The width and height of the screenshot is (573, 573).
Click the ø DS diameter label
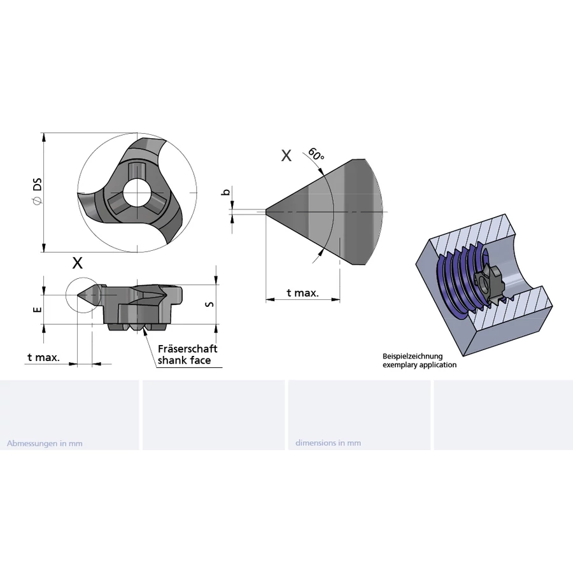point(38,191)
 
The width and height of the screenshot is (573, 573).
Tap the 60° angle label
point(316,154)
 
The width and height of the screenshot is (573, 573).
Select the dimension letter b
point(227,192)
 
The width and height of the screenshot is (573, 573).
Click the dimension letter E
point(38,310)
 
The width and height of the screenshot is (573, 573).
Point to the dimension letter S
point(209,304)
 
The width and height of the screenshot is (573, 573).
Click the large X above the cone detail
point(286,156)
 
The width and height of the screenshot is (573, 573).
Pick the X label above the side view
point(78,263)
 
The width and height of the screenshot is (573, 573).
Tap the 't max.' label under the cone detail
point(302,293)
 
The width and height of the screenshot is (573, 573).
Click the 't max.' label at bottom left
point(43,357)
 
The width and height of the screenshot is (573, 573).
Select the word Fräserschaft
point(187,349)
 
